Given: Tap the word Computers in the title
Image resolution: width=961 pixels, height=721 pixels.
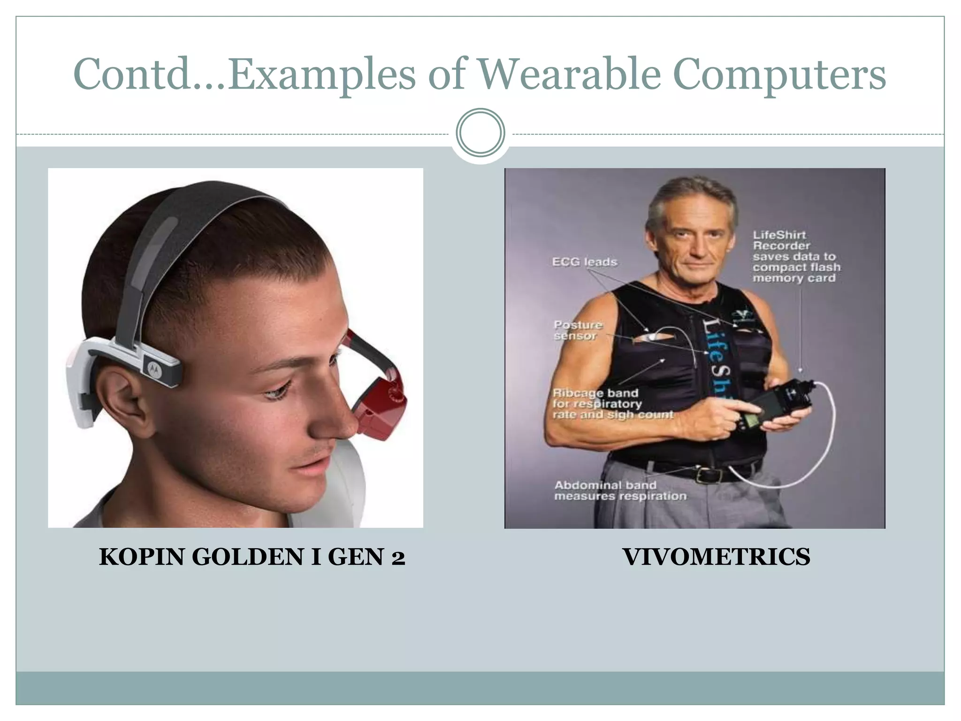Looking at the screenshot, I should [779, 75].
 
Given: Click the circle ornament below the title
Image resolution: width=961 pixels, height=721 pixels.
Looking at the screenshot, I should [480, 133].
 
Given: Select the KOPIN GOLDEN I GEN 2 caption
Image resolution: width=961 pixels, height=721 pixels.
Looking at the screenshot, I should [252, 557].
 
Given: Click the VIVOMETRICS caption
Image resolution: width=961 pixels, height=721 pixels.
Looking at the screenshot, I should [716, 557].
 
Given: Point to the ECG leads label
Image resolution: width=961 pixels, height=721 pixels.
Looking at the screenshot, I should [584, 262].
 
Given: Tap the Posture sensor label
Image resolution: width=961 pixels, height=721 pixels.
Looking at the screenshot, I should [577, 330].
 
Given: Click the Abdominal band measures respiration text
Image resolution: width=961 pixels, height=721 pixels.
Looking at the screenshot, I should [619, 491].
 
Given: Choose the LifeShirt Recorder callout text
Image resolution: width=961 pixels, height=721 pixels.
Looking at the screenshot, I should [796, 256].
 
